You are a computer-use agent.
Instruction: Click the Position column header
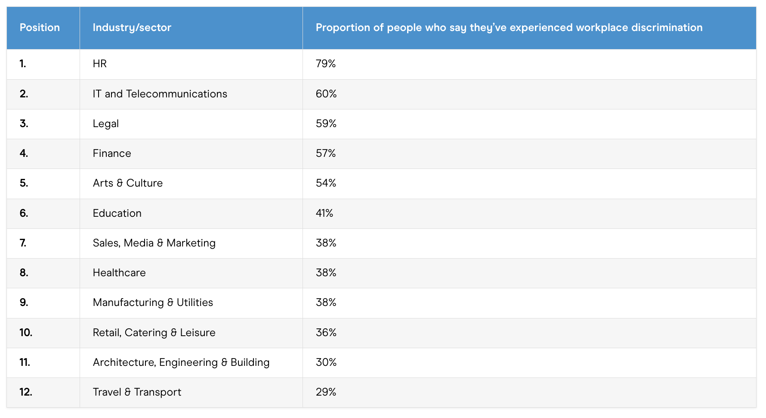click(40, 28)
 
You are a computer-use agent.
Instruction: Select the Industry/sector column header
click(132, 28)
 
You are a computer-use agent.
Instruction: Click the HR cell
click(100, 64)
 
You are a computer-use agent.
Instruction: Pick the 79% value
click(326, 64)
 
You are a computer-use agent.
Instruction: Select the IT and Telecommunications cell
click(160, 94)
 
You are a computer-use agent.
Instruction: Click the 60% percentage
click(326, 94)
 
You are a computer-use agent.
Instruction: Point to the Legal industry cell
click(106, 124)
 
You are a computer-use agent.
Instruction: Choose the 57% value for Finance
click(326, 153)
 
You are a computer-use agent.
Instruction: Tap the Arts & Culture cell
click(128, 183)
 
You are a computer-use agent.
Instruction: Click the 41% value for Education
click(324, 213)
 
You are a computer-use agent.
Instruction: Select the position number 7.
click(23, 243)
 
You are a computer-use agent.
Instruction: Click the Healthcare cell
click(119, 273)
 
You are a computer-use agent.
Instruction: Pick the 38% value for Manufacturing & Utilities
click(326, 303)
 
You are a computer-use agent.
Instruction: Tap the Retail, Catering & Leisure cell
click(154, 333)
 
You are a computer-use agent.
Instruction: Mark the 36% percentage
click(326, 333)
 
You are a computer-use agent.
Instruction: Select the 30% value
click(326, 362)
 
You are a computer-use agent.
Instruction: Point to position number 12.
click(26, 392)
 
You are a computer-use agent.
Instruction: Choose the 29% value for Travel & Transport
click(326, 392)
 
